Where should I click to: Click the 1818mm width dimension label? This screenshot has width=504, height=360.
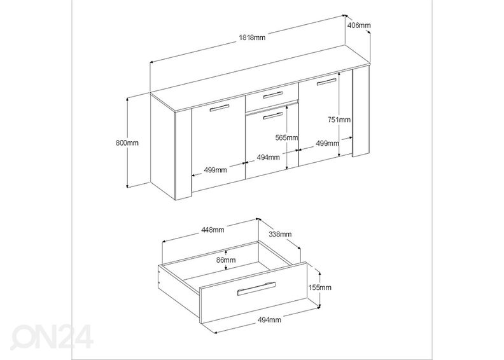[252, 38]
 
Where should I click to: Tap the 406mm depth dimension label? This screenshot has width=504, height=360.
[359, 25]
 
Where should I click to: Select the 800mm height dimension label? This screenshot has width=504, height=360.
[127, 142]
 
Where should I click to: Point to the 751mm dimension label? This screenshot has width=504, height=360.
[339, 120]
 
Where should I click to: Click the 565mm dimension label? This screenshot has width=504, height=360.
[287, 138]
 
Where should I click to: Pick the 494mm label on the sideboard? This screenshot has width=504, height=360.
[268, 157]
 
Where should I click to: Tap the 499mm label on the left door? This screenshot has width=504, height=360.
[215, 170]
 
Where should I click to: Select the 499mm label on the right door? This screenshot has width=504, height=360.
[327, 143]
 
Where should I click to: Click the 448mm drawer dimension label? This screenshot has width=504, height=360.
[213, 230]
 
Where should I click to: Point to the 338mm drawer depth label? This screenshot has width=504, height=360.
[280, 234]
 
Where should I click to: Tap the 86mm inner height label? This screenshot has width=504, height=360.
[226, 260]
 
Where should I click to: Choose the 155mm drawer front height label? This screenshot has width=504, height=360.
[319, 287]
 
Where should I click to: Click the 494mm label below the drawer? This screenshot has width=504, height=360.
[269, 319]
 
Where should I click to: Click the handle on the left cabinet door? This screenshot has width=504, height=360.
[220, 108]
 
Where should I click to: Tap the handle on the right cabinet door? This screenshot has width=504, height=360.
[326, 82]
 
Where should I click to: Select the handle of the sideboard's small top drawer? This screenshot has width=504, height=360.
[273, 95]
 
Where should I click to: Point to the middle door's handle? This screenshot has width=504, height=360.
[273, 116]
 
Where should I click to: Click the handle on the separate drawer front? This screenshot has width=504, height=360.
[256, 289]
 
